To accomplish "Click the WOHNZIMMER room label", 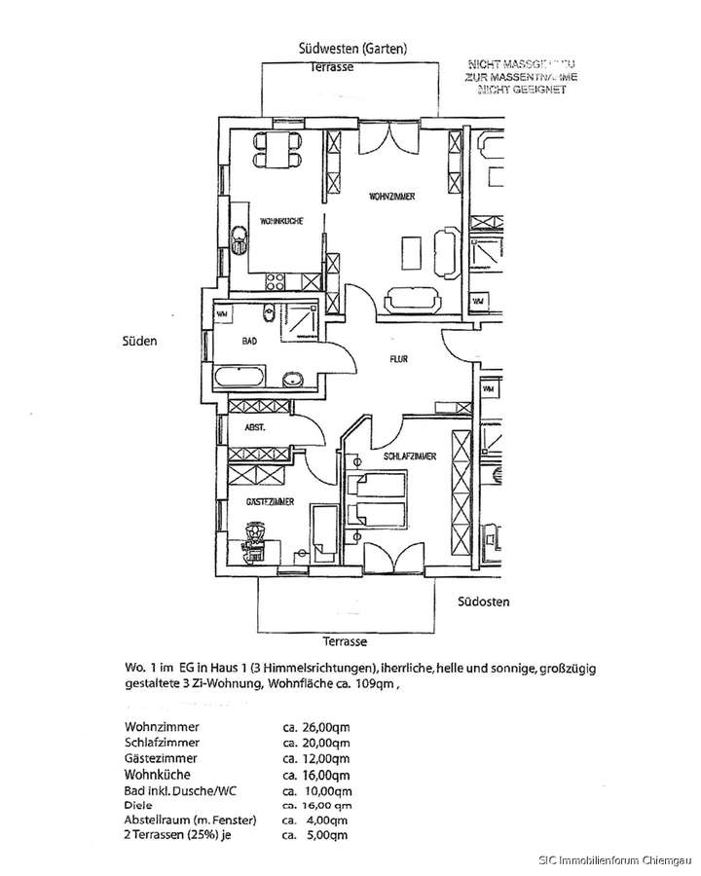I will click(x=392, y=198).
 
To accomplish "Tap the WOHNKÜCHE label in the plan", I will click(x=280, y=221).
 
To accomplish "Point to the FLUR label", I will click(x=398, y=358).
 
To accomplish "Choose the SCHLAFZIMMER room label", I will click(x=409, y=456).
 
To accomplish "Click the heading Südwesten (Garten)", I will click(x=352, y=49).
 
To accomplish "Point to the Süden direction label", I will click(x=139, y=342).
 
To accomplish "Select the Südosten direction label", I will click(x=484, y=602).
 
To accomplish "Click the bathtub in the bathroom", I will click(x=240, y=378).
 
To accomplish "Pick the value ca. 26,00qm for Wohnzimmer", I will click(x=315, y=726).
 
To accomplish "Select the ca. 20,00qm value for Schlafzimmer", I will click(x=315, y=742).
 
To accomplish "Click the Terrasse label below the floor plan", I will click(x=345, y=642).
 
